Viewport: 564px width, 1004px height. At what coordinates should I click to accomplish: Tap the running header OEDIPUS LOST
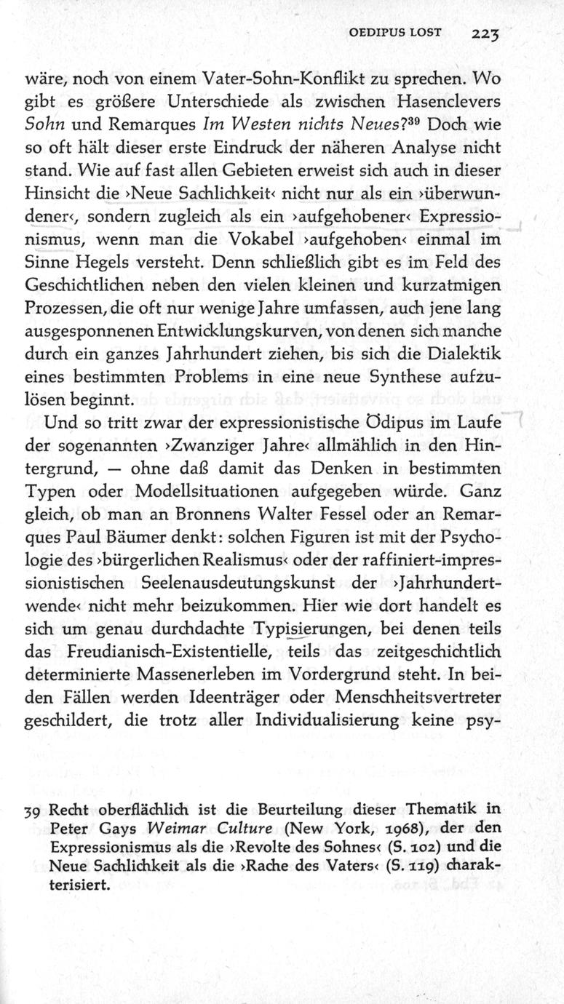(x=393, y=33)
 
